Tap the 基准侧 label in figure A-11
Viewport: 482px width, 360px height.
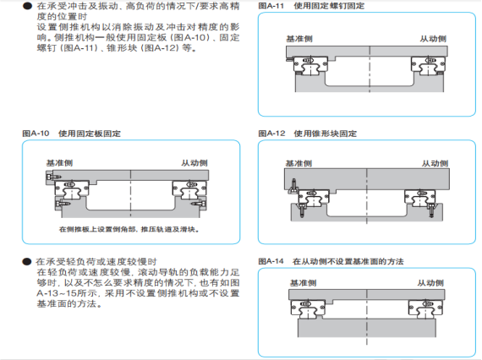299,39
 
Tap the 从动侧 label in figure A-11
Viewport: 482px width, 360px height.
433,39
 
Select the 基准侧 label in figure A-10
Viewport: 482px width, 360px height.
59,163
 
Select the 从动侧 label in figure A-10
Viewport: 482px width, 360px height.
194,163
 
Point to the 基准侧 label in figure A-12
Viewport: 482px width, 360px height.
299,163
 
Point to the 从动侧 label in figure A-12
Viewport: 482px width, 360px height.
435,163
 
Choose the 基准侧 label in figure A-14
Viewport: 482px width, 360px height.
303,283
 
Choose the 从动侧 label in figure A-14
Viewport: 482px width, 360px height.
430,283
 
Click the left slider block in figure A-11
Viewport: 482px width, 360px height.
310,64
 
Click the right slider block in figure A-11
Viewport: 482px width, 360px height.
428,64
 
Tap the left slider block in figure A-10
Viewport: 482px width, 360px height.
72,188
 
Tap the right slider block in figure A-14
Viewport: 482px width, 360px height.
425,308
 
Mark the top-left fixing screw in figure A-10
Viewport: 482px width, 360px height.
53,177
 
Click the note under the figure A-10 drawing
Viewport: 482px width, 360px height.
129,230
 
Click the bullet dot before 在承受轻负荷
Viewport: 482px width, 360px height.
27,262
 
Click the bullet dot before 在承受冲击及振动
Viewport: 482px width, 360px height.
27,6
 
